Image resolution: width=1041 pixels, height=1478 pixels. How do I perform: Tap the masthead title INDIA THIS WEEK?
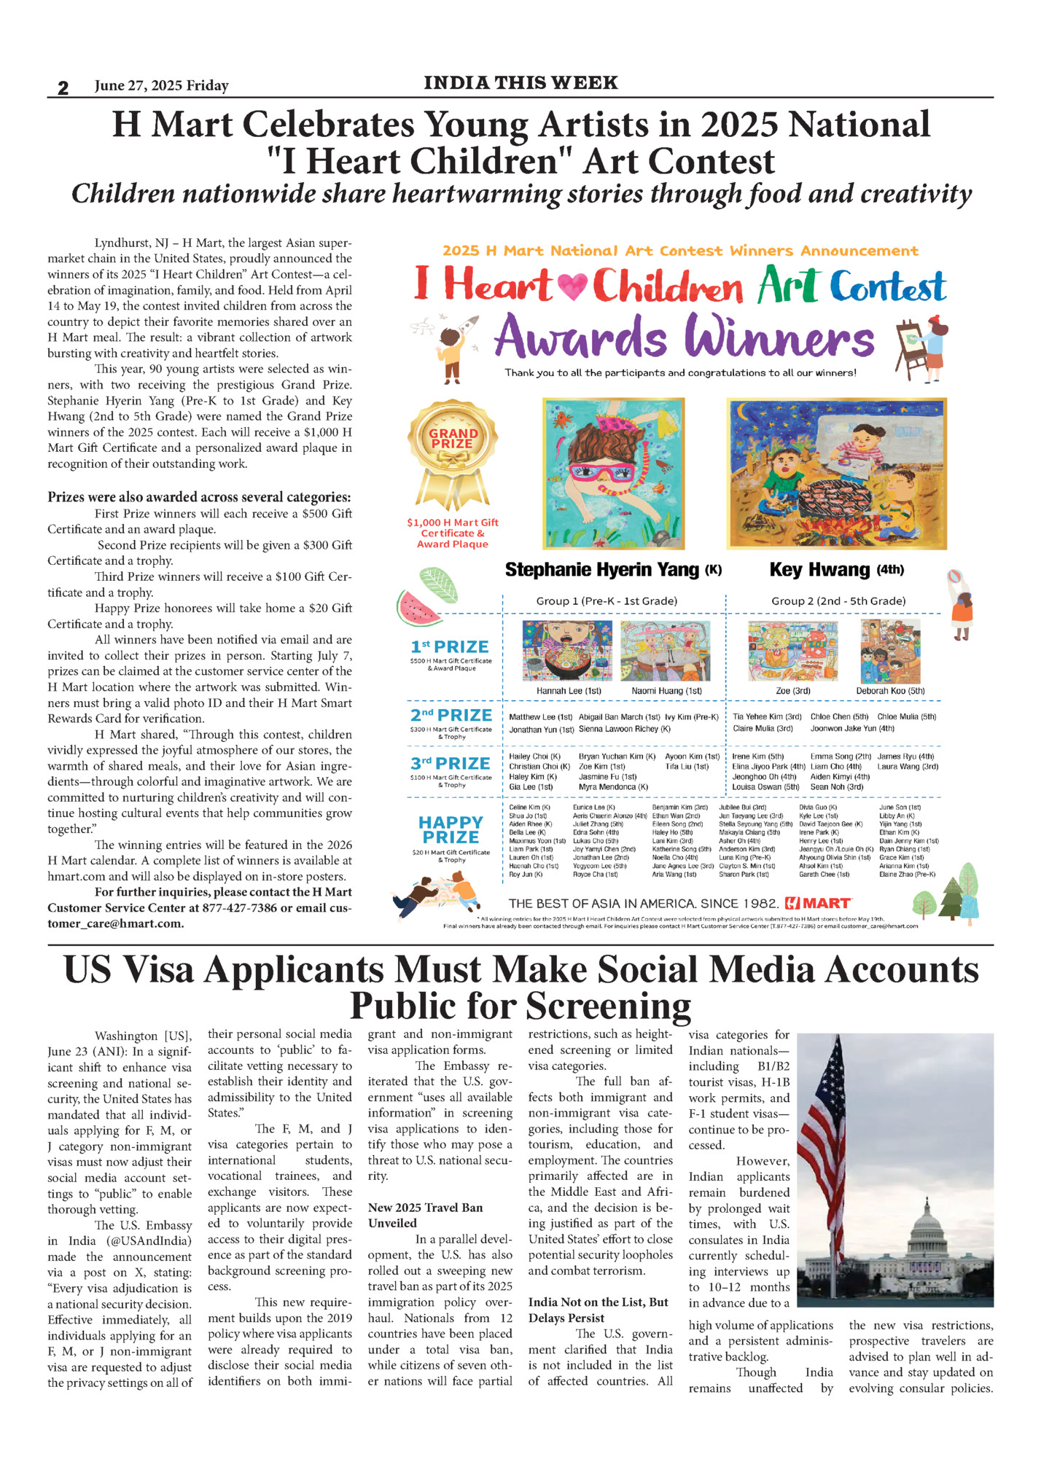pos(520,83)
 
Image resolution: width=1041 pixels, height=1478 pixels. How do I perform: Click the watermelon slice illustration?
pos(418,608)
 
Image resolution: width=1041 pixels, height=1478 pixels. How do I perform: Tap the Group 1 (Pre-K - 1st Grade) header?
pos(607,601)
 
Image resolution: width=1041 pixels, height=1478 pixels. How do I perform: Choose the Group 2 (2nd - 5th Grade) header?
pos(838,601)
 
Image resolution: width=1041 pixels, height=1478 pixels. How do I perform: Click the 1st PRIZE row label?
pos(450,647)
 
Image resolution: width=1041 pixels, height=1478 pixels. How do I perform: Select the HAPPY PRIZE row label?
pos(451,829)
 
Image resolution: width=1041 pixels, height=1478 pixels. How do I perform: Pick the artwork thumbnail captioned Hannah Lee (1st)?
pos(567,651)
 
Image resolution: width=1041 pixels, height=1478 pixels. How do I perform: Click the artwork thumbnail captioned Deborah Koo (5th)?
pos(890,651)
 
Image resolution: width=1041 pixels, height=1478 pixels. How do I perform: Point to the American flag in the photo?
pos(826,1137)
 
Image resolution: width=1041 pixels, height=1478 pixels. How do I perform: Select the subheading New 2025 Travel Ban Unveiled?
pos(425,1216)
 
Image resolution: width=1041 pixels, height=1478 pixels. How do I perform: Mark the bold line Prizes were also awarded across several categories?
pos(199,497)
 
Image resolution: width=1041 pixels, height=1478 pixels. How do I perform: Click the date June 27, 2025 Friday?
pos(161,86)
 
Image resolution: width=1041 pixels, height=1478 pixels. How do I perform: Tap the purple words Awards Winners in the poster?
pos(684,337)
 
